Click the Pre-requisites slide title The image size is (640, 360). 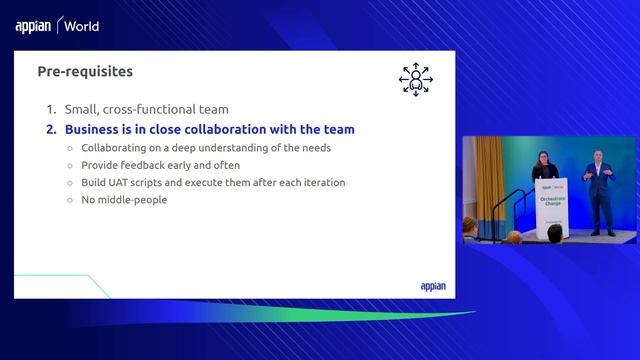click(85, 72)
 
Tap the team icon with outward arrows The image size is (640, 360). click(414, 80)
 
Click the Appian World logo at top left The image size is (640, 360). click(57, 27)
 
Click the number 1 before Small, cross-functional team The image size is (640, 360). click(50, 110)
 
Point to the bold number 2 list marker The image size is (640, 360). click(50, 130)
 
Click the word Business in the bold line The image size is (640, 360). click(93, 130)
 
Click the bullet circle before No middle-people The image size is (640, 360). click(70, 200)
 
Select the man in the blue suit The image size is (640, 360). click(600, 190)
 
